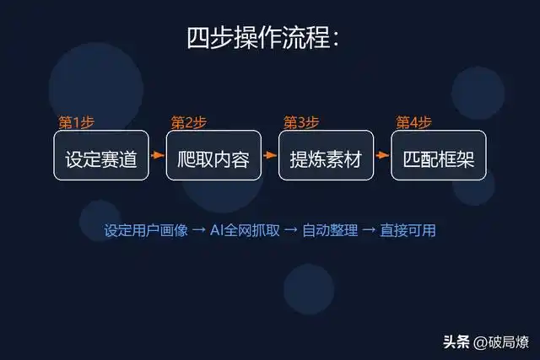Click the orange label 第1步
tap(76, 122)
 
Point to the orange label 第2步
tap(188, 122)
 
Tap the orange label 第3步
tap(301, 122)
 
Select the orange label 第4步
tap(413, 122)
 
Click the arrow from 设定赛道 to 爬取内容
tap(157, 155)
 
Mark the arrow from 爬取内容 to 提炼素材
tap(270, 155)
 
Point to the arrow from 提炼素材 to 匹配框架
tap(382, 155)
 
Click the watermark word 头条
tap(456, 341)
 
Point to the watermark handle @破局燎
tap(501, 341)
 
